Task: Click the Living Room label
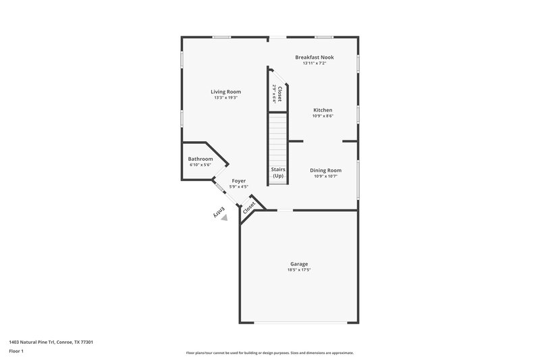click(x=225, y=92)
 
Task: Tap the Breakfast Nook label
click(x=315, y=57)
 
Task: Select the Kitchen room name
click(x=323, y=109)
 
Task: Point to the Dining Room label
click(x=325, y=170)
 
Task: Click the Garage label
click(x=299, y=263)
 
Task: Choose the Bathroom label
click(x=200, y=159)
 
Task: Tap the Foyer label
click(x=239, y=180)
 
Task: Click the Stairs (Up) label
click(x=278, y=172)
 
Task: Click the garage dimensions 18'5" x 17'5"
click(x=299, y=270)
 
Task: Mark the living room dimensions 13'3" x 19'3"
click(x=225, y=98)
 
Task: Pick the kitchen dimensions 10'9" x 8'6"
click(x=323, y=115)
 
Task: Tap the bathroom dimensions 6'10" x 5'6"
click(x=200, y=165)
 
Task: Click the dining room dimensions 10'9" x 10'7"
click(x=325, y=176)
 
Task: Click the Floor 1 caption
click(x=16, y=351)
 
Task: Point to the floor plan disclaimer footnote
click(x=269, y=353)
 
